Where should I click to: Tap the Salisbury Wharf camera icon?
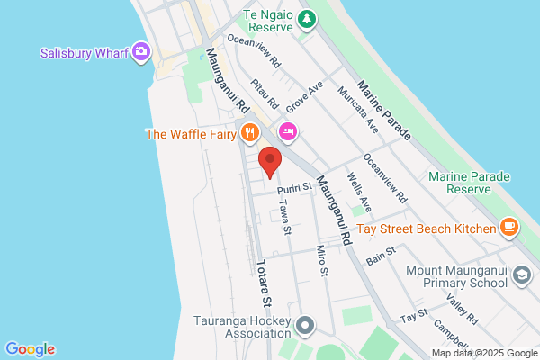(140, 52)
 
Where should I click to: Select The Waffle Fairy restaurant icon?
(249, 135)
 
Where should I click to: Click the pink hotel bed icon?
(288, 132)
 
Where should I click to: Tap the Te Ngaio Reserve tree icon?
(308, 19)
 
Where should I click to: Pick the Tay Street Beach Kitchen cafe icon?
(509, 228)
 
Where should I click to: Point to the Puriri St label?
(293, 187)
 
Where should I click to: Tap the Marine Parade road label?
(384, 110)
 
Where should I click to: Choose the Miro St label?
(321, 260)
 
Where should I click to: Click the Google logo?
(30, 349)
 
